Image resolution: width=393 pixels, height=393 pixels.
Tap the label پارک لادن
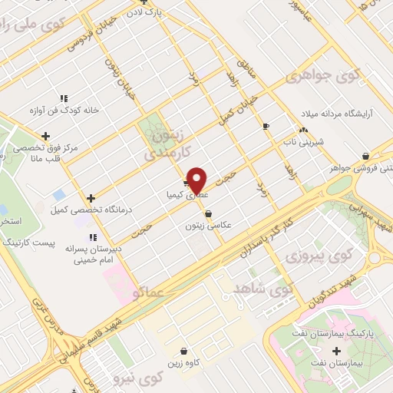pos(167,12)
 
